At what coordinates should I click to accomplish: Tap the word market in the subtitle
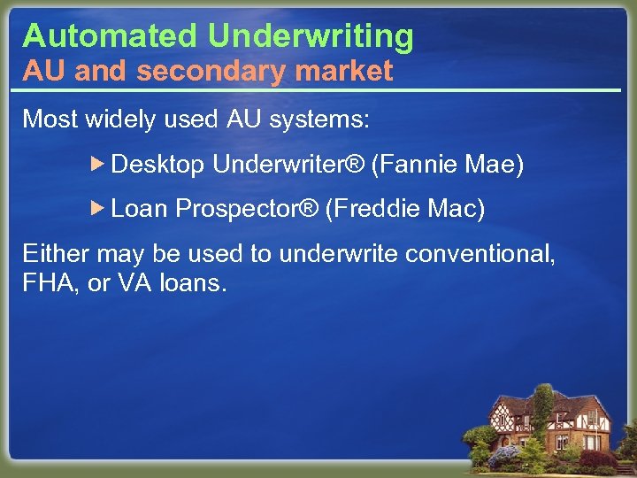coord(348,72)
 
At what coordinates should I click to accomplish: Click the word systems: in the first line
coord(326,119)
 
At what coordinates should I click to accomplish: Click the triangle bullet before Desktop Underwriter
coord(98,164)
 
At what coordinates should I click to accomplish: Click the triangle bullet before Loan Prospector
coord(98,208)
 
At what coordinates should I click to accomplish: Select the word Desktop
coord(158,165)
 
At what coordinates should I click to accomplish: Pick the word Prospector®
coord(247,209)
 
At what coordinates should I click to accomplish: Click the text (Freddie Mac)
coord(405,208)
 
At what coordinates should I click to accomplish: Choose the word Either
coord(56,255)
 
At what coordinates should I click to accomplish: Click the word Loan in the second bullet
coord(140,209)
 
